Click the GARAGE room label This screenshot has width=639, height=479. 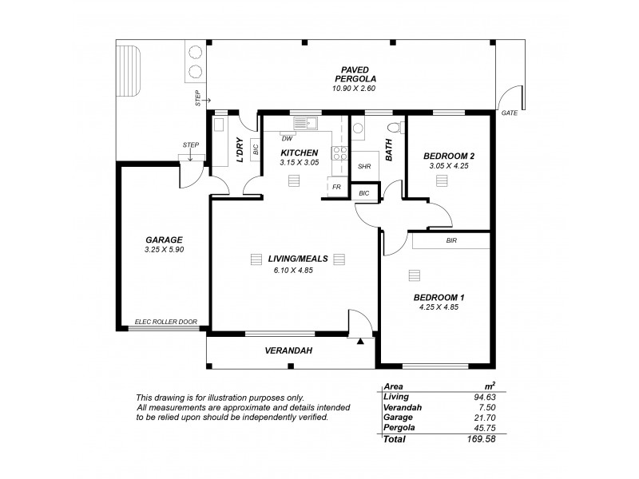point(164,239)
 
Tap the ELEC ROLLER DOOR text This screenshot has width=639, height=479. point(166,322)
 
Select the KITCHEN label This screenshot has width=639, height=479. point(300,152)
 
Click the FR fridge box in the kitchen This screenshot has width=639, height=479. point(337,188)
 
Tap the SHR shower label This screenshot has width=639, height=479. point(363,166)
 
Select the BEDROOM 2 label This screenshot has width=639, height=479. point(443,155)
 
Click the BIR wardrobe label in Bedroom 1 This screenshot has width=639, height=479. point(451,239)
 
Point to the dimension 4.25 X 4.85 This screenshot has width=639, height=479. point(441,307)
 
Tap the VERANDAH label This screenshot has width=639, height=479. point(288,350)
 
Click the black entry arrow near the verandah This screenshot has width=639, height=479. point(361,341)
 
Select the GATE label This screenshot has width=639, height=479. point(509,113)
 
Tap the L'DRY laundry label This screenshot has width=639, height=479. point(239,149)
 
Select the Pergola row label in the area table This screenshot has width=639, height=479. point(399,428)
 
